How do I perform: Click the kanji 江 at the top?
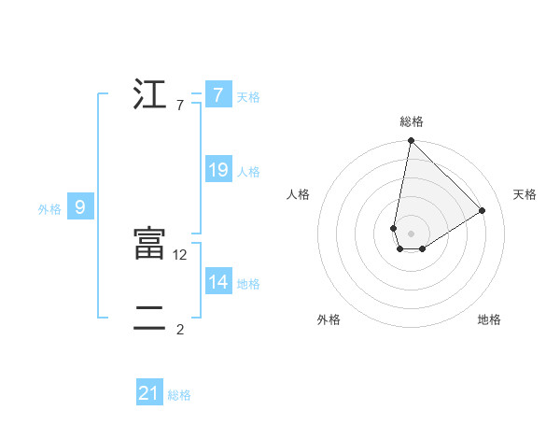click(x=149, y=95)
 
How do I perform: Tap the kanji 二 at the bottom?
click(x=149, y=319)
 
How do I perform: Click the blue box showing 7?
click(x=217, y=95)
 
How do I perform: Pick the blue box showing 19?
click(x=217, y=170)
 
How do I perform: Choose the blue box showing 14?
click(x=217, y=282)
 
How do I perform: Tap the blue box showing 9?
click(x=80, y=207)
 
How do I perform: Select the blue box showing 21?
click(x=149, y=394)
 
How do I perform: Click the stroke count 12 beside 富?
click(x=181, y=254)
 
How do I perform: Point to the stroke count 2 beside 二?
click(x=180, y=329)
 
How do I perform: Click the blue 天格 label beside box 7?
click(x=248, y=97)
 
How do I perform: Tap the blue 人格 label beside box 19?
click(x=248, y=172)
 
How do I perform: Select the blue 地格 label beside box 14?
click(x=248, y=284)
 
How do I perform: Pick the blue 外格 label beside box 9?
click(x=49, y=209)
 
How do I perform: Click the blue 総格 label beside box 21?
click(x=179, y=396)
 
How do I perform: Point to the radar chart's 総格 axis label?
click(x=412, y=121)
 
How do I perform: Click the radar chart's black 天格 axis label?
click(x=525, y=194)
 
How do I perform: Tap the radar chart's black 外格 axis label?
click(x=329, y=319)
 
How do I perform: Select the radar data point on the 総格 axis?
click(x=411, y=141)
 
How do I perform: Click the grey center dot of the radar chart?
click(x=411, y=233)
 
